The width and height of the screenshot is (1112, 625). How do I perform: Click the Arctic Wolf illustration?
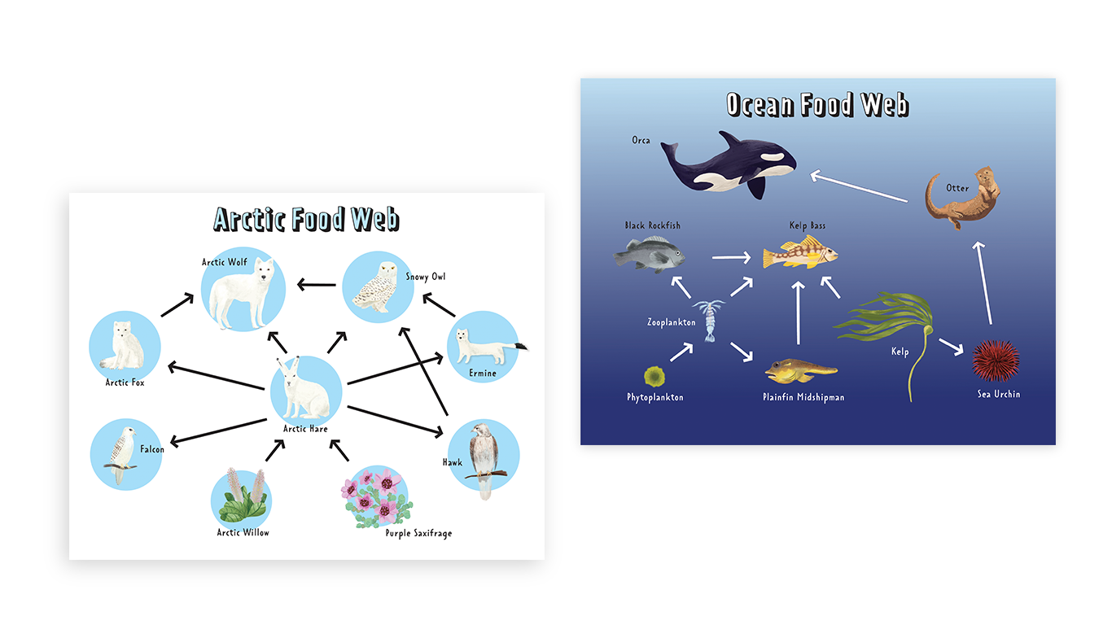coord(242,293)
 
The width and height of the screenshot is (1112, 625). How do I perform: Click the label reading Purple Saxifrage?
coord(418,534)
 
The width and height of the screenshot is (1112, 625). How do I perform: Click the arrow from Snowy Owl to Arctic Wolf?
coord(317,285)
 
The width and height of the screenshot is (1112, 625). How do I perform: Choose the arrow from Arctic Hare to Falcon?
coord(219,431)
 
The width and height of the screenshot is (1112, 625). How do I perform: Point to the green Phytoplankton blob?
coord(653,376)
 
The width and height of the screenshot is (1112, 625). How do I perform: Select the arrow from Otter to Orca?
coord(859,186)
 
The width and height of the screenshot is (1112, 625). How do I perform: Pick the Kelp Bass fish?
coord(799,254)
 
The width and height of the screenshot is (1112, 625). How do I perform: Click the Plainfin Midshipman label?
coord(803,398)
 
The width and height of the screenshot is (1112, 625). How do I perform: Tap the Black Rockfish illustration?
coord(648,254)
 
